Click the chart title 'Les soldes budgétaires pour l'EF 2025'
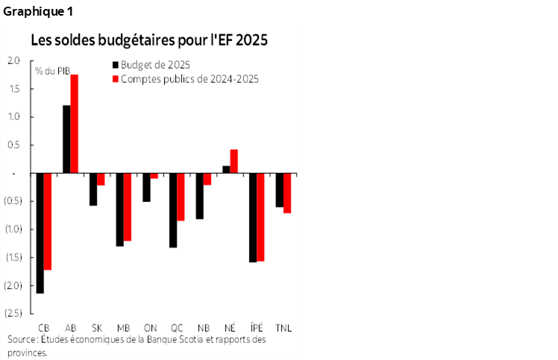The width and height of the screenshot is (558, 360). [148, 40]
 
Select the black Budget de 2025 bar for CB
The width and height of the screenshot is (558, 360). [40, 233]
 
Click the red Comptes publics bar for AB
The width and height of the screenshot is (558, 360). [75, 124]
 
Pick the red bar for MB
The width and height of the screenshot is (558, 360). [127, 206]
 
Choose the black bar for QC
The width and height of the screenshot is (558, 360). [173, 210]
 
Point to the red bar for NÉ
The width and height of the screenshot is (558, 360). [233, 161]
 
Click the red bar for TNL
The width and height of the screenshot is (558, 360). [287, 193]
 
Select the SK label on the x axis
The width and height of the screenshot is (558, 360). [97, 328]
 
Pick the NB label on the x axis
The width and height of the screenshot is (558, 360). [203, 328]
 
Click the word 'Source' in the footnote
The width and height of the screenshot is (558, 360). [22, 340]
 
